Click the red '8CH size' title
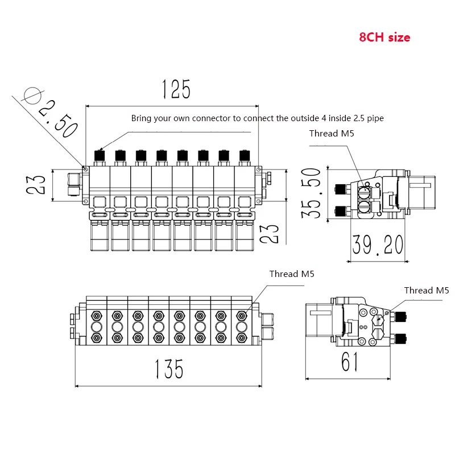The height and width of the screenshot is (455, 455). coord(384,38)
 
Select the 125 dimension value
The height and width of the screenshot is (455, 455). coord(176,90)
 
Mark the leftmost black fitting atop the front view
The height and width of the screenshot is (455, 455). coord(100,155)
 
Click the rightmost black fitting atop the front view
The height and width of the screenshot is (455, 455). coord(245,155)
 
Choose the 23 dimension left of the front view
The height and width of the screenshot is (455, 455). coord(39,184)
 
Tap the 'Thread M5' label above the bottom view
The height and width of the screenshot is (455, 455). coord(292,274)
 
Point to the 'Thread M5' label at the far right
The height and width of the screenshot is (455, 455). coord(427,290)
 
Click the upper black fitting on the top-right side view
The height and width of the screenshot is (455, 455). coord(341,188)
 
